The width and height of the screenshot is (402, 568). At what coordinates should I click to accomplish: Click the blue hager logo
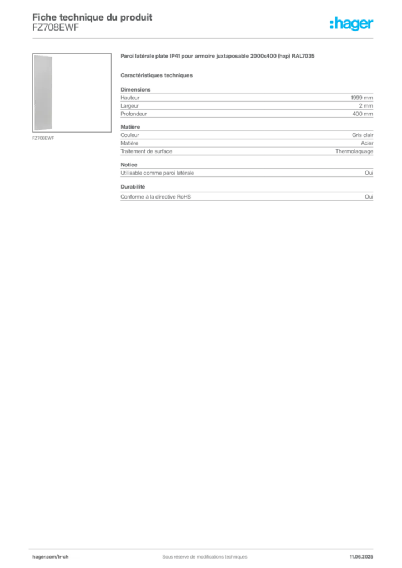[x=352, y=24]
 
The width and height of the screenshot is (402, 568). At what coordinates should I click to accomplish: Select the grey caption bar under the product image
[x=44, y=138]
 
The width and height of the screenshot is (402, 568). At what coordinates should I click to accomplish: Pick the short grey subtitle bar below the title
[x=158, y=75]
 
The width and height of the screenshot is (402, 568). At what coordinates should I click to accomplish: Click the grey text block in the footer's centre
[x=200, y=553]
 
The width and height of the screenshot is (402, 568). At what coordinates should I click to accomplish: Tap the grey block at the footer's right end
[x=364, y=553]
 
